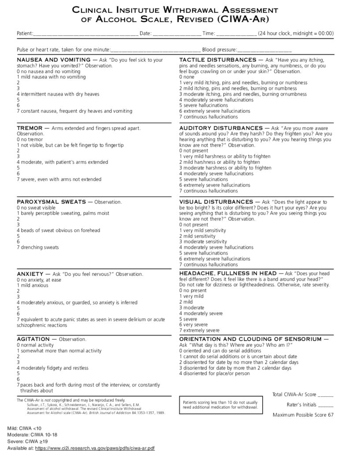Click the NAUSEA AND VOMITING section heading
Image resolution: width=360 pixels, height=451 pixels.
point(53,59)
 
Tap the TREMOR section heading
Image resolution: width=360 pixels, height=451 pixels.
point(30,128)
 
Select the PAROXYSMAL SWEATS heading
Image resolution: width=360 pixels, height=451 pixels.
point(51,202)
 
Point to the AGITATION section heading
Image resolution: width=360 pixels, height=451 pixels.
point(33,340)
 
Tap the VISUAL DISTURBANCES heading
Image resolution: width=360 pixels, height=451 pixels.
point(216,202)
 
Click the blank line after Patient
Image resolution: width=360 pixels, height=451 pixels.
point(85,33)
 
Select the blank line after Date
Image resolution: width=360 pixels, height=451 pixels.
point(177,33)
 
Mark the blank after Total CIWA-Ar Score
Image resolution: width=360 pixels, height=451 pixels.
point(325,395)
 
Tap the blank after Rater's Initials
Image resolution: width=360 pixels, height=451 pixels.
point(325,405)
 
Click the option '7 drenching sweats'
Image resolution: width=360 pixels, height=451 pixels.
point(38,248)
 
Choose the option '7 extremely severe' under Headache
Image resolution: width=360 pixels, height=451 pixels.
point(199,330)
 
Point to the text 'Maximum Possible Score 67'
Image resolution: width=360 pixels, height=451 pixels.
point(303,415)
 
